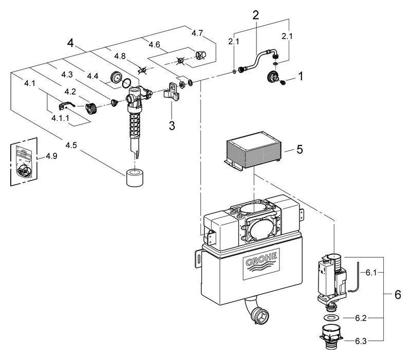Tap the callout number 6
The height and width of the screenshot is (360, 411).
[x=397, y=296]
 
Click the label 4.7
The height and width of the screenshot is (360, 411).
[x=197, y=33]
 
